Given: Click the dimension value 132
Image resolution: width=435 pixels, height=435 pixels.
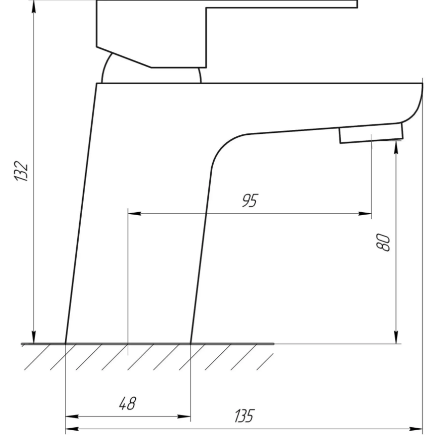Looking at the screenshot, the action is click(21, 171).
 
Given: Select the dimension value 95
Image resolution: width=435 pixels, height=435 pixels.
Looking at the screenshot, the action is click(250, 200).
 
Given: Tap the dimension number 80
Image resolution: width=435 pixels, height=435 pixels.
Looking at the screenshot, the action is click(383, 243).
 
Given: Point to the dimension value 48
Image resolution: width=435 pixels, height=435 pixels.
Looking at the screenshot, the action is click(128, 404).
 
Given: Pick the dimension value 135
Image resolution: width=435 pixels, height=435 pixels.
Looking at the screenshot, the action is click(244, 416).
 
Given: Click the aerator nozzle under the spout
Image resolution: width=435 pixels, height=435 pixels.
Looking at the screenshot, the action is click(372, 133).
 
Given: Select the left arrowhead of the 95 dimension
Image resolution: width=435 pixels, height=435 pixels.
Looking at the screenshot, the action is click(134, 213).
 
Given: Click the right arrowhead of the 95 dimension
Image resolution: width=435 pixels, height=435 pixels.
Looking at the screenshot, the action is click(365, 213).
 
